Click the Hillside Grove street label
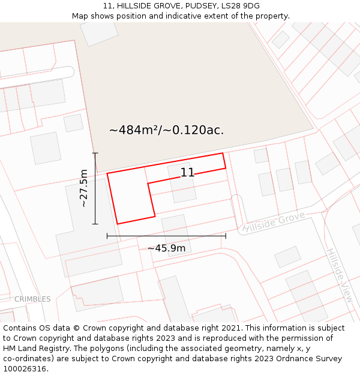pos(274,222)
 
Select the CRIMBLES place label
pos(32,299)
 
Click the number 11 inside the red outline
pos(187,173)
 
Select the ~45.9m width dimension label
pos(166,248)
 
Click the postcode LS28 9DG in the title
pos(240,6)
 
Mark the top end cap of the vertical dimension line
pos(95,154)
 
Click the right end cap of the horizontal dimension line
pos(226,236)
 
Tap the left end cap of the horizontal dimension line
pos(107,236)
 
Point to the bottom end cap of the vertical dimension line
pos(95,224)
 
